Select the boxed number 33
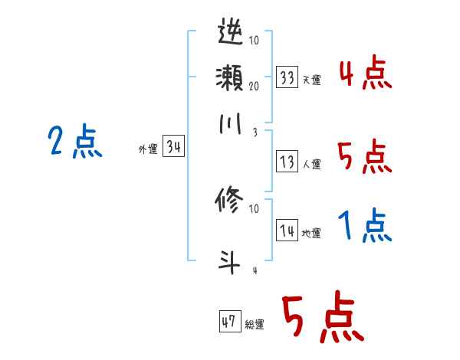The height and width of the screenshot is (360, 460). (287, 77)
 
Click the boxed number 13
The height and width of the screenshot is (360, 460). (287, 162)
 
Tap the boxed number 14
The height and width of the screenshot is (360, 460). (287, 231)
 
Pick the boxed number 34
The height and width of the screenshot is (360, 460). (174, 147)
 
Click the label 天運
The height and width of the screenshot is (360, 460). (312, 80)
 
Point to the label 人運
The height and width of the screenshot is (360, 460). (312, 164)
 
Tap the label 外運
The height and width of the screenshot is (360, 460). (147, 149)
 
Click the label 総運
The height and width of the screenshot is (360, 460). (255, 323)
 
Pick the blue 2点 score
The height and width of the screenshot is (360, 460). (75, 142)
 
